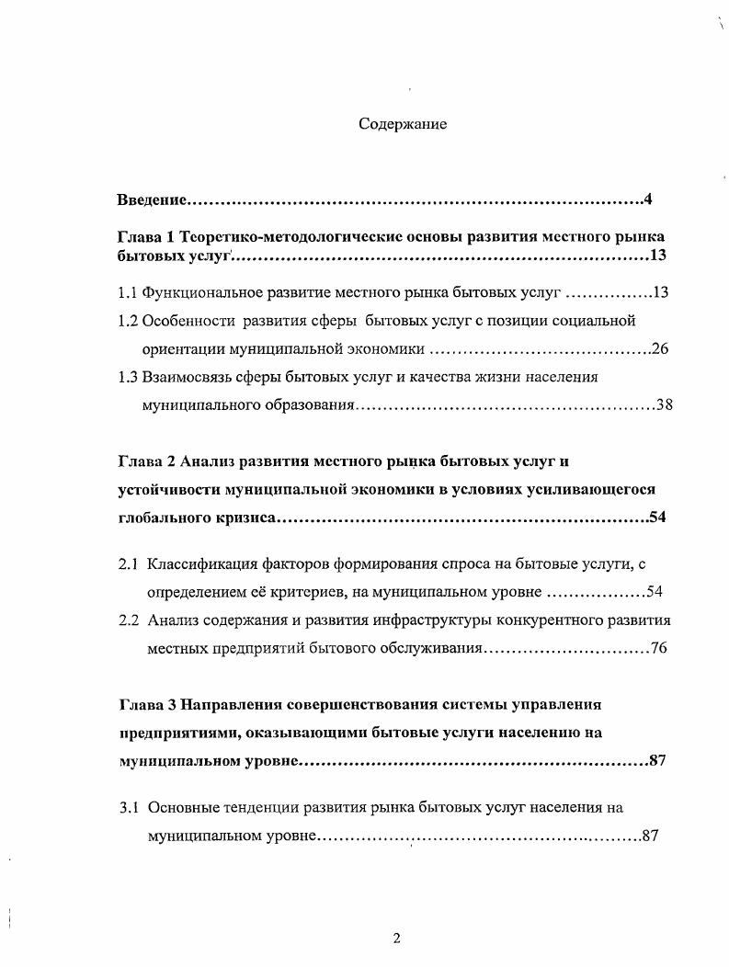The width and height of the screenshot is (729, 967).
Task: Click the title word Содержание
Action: pyautogui.click(x=403, y=125)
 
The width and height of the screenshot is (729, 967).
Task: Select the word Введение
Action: pyautogui.click(x=153, y=199)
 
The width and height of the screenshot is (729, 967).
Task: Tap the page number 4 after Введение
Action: pyautogui.click(x=647, y=199)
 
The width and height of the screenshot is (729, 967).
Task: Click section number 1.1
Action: pyautogui.click(x=128, y=294)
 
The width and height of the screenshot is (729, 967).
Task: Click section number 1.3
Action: pyautogui.click(x=128, y=377)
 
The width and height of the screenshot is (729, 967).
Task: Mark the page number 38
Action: pyautogui.click(x=664, y=404)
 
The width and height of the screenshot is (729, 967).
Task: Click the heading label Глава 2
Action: pyautogui.click(x=148, y=461)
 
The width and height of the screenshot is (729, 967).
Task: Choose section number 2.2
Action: pyautogui.click(x=129, y=620)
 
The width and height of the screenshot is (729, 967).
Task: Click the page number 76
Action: pyautogui.click(x=658, y=648)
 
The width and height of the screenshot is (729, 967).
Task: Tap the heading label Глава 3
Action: pyautogui.click(x=148, y=704)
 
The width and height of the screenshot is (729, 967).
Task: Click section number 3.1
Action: pyautogui.click(x=129, y=808)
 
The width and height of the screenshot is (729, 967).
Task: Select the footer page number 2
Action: pyautogui.click(x=396, y=939)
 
